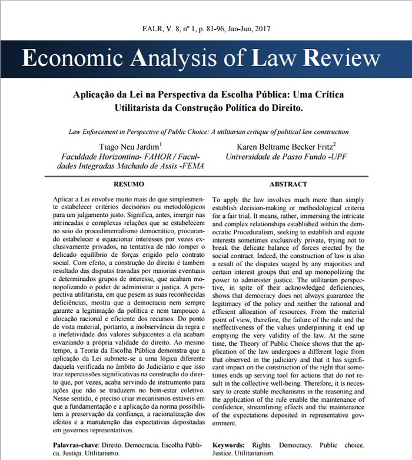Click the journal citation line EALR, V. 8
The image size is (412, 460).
pos(205,28)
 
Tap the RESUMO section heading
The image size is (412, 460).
pos(128,184)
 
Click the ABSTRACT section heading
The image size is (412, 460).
pos(288,184)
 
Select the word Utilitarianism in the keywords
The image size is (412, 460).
pos(251,454)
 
